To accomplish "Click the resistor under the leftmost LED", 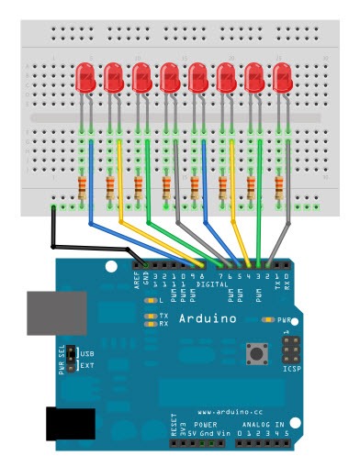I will pyautogui.click(x=84, y=188).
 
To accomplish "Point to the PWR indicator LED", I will pyautogui.click(x=270, y=320).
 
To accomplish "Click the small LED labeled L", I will pyautogui.click(x=152, y=301).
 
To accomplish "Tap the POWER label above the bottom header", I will pyautogui.click(x=205, y=427).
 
